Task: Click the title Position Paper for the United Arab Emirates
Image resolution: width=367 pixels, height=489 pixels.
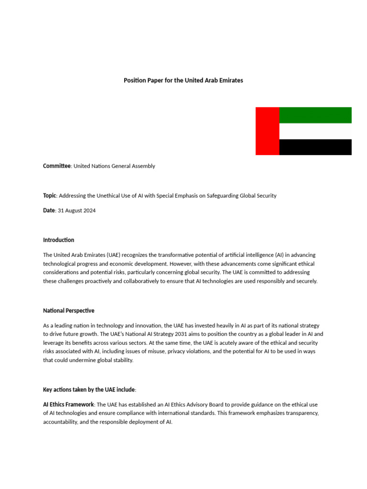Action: point(183,81)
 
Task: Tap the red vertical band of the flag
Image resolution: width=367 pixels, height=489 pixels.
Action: point(267,131)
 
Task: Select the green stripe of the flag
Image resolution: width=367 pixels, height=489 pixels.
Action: point(315,116)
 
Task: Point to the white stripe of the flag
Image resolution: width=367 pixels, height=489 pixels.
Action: point(315,131)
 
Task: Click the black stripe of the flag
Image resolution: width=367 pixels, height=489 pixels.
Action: point(315,147)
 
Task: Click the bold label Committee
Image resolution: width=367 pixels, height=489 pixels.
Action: point(57,166)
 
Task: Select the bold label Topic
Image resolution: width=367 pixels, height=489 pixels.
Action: point(50,196)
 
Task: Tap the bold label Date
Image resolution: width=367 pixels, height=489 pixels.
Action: point(49,211)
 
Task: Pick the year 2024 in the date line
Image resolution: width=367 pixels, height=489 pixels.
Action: point(89,211)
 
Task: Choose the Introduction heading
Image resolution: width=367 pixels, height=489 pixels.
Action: point(59,240)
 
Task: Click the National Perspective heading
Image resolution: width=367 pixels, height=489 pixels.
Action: point(69,311)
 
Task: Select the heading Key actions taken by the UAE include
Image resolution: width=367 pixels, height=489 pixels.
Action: point(89,390)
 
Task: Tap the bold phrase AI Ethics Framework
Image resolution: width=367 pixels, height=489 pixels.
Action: point(68,405)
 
